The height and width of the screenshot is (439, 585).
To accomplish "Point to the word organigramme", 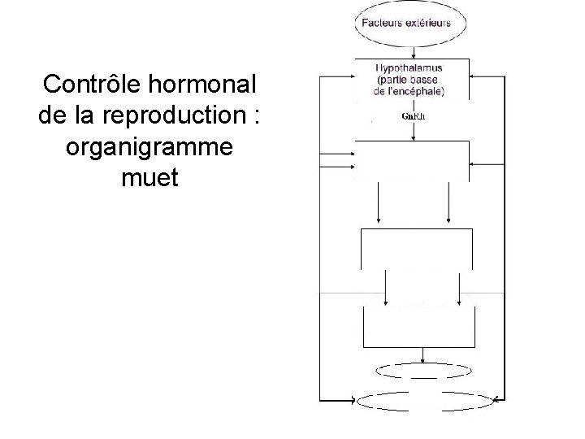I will [147, 146].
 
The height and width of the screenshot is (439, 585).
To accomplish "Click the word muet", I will [146, 177].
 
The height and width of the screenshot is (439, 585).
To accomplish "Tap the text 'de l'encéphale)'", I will [410, 91].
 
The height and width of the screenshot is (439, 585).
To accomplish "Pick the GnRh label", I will [414, 116].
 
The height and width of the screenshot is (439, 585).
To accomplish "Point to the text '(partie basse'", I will [410, 80].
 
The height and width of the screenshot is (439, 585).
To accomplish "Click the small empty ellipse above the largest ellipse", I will [422, 371].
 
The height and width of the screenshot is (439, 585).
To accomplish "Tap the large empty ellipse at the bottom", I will [425, 400].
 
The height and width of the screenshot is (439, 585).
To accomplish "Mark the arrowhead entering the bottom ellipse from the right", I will [496, 400].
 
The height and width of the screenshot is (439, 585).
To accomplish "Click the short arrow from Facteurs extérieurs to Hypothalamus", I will [412, 50].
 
